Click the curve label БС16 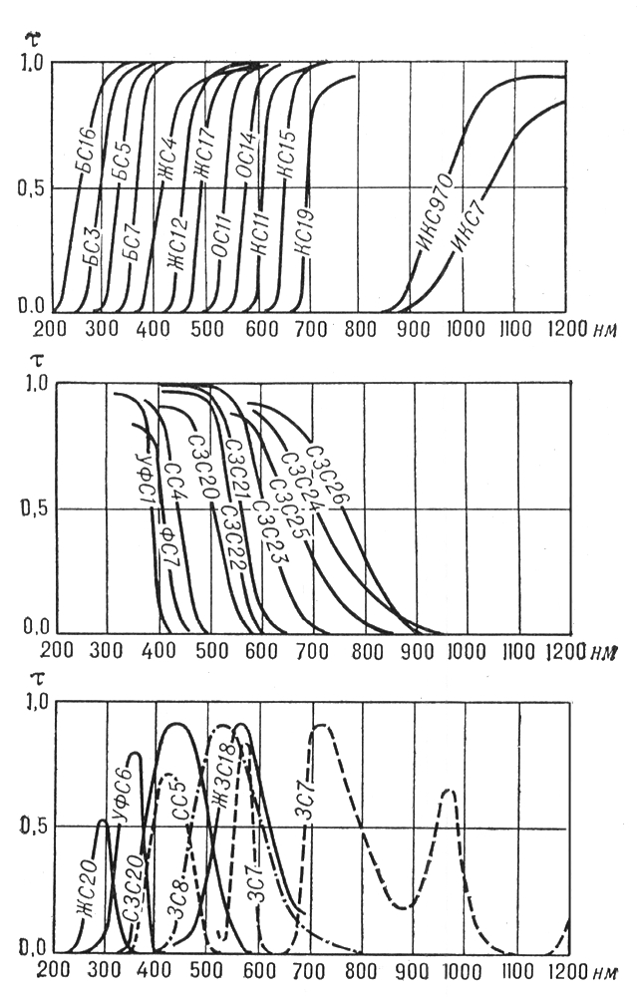tap(88, 149)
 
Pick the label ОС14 tap(245, 159)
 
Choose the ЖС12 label tap(179, 242)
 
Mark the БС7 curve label tap(133, 239)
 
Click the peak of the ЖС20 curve tap(102, 821)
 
